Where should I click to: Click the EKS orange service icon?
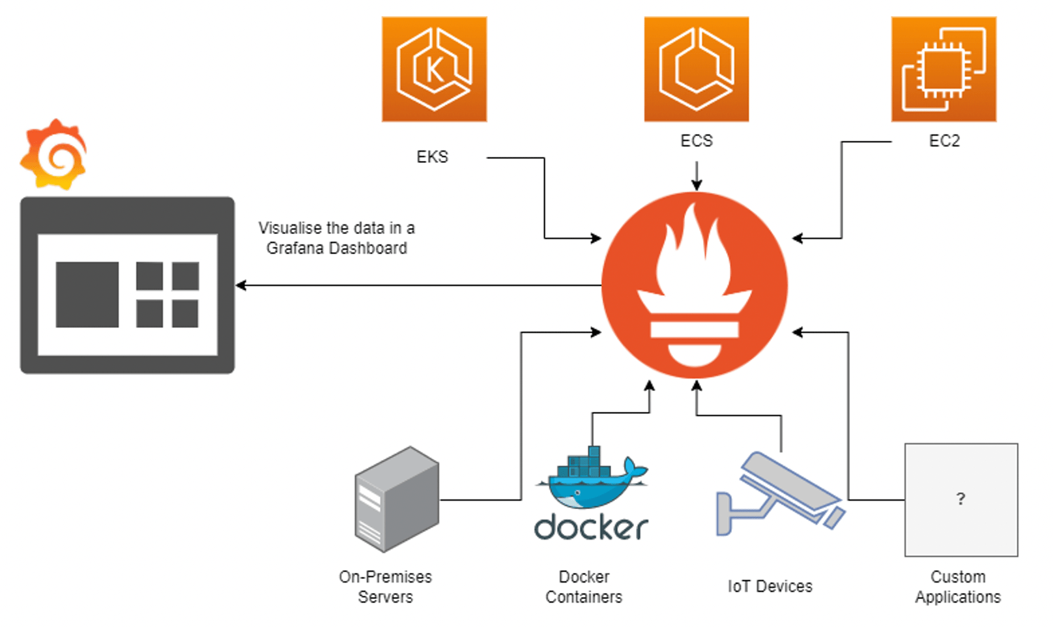434,69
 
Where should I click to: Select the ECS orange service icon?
696,69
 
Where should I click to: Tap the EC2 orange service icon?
944,69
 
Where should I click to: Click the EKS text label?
432,157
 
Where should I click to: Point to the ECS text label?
696,141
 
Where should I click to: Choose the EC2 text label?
944,141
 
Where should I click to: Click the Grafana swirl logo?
53,155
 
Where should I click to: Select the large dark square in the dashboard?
87,295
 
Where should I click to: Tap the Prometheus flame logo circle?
695,285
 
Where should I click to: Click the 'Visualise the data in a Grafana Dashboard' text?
336,238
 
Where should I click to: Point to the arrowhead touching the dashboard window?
240,285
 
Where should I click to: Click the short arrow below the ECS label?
697,175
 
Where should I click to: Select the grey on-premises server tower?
397,499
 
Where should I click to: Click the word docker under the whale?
590,527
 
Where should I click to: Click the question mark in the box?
960,499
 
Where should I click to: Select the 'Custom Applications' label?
958,587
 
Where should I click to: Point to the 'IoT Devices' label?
770,587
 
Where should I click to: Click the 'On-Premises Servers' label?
385,587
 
